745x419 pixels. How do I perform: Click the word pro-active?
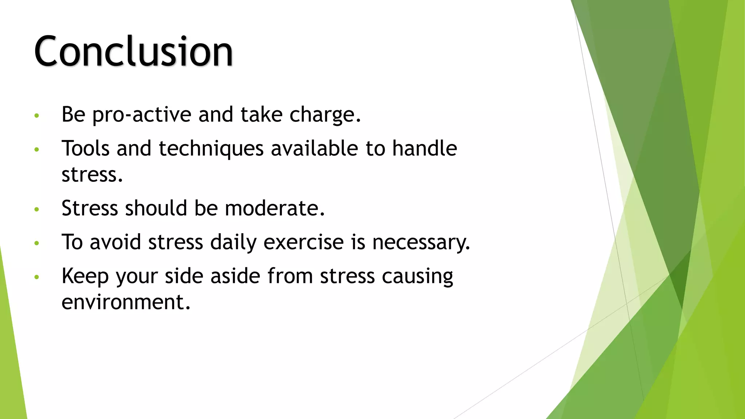[x=142, y=115]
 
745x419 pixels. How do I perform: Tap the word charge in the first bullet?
[x=325, y=115]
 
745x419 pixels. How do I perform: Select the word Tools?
[x=85, y=148]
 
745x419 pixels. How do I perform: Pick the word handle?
[x=424, y=148]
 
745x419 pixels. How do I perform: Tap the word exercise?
[x=303, y=242]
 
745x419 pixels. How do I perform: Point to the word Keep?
[x=85, y=276]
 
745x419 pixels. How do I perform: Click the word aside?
[x=235, y=276]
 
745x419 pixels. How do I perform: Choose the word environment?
[x=126, y=302]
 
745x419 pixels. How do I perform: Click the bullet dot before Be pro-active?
[x=36, y=116]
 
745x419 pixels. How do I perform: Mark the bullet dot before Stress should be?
[x=36, y=209]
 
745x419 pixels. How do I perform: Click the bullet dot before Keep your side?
[x=36, y=277]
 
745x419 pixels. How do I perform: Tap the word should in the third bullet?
[x=156, y=208]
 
